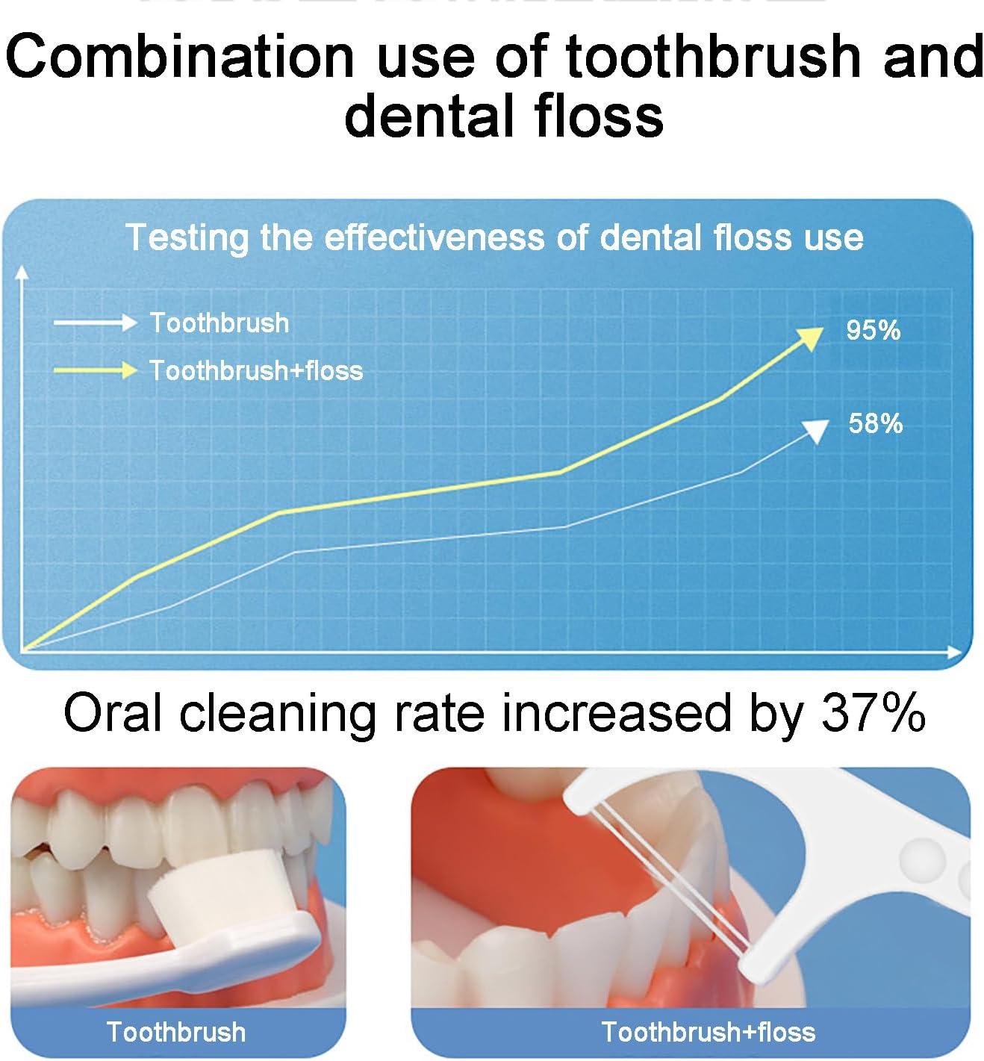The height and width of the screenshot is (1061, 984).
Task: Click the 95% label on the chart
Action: (873, 331)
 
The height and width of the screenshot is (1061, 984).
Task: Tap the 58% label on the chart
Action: (875, 424)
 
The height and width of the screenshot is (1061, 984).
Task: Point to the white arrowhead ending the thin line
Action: (817, 430)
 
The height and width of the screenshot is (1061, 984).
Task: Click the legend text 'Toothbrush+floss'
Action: (256, 370)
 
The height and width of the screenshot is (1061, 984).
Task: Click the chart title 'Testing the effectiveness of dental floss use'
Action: (493, 237)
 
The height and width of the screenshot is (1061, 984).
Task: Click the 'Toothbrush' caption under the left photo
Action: (176, 1032)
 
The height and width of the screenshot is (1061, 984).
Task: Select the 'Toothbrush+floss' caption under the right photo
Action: (708, 1032)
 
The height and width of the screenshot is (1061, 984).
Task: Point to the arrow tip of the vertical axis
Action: (24, 270)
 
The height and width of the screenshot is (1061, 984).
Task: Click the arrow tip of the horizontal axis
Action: (959, 652)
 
